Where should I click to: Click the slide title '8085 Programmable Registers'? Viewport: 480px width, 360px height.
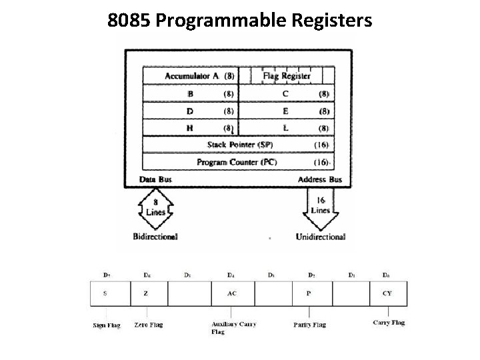239,21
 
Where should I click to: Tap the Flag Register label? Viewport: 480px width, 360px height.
287,76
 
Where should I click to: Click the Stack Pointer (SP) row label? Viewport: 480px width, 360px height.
239,145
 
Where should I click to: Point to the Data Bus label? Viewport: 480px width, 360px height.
156,180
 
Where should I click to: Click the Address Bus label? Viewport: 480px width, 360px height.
319,180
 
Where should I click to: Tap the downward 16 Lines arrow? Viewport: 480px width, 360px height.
320,207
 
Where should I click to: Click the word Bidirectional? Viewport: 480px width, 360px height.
155,237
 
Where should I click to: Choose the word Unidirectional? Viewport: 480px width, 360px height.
321,237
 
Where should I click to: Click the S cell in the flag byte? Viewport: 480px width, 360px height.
105,293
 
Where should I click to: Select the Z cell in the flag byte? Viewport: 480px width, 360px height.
147,293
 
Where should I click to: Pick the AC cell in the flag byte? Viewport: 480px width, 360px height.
231,293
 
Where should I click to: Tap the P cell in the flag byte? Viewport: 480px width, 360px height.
309,293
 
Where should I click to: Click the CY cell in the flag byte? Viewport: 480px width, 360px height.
387,293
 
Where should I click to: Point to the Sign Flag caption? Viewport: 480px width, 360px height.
106,325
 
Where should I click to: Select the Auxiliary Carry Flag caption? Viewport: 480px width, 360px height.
233,327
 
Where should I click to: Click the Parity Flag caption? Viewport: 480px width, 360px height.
309,325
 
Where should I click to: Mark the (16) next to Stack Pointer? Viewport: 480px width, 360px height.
321,145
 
